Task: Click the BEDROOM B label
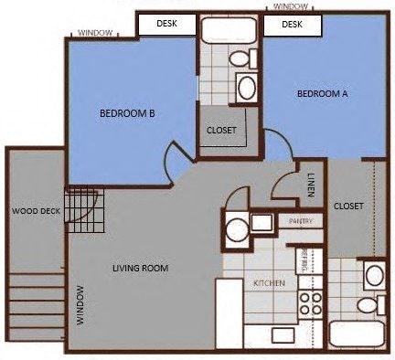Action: click(126, 113)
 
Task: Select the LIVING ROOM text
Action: click(141, 268)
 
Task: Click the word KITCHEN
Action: click(271, 283)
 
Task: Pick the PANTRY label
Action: click(301, 221)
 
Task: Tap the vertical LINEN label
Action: click(312, 184)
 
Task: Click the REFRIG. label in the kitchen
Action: click(304, 258)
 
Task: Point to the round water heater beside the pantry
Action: click(237, 228)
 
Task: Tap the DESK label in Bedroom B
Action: click(167, 24)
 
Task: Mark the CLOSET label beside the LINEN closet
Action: click(349, 206)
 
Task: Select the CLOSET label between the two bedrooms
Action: click(221, 131)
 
